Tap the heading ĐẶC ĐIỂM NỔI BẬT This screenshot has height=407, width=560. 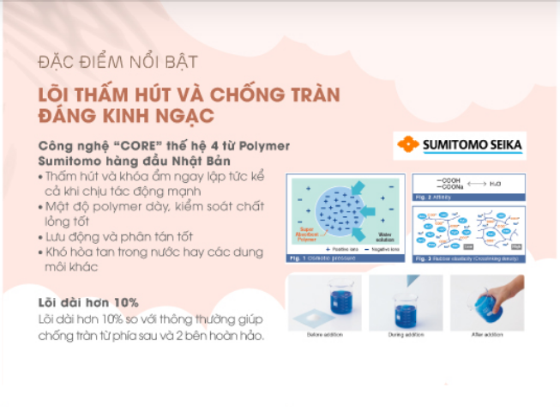click(118, 62)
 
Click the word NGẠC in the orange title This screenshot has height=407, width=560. click(178, 114)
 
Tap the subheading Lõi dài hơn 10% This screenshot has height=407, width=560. click(89, 302)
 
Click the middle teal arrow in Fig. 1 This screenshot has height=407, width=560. click(383, 210)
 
